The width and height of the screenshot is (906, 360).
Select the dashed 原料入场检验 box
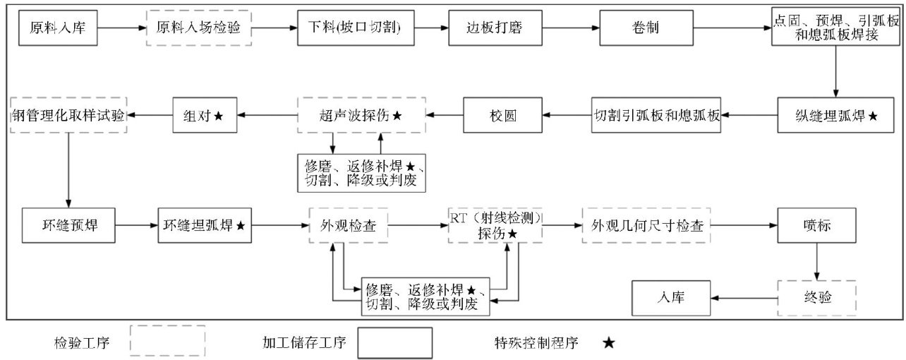[x=198, y=29]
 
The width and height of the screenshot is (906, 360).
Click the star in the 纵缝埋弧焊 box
[x=874, y=114]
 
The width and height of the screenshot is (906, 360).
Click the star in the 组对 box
[x=219, y=114]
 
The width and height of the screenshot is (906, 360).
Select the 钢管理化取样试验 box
[x=69, y=114]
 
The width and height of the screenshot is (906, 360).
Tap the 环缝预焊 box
[x=69, y=225]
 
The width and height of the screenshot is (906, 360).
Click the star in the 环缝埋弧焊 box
[x=241, y=226]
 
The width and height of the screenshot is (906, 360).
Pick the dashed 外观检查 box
[x=348, y=225]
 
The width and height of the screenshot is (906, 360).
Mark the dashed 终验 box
[x=816, y=297]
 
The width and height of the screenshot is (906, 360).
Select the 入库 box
[x=670, y=297]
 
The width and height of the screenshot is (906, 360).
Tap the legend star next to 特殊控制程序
[x=608, y=344]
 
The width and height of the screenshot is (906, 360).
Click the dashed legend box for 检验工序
[x=167, y=342]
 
